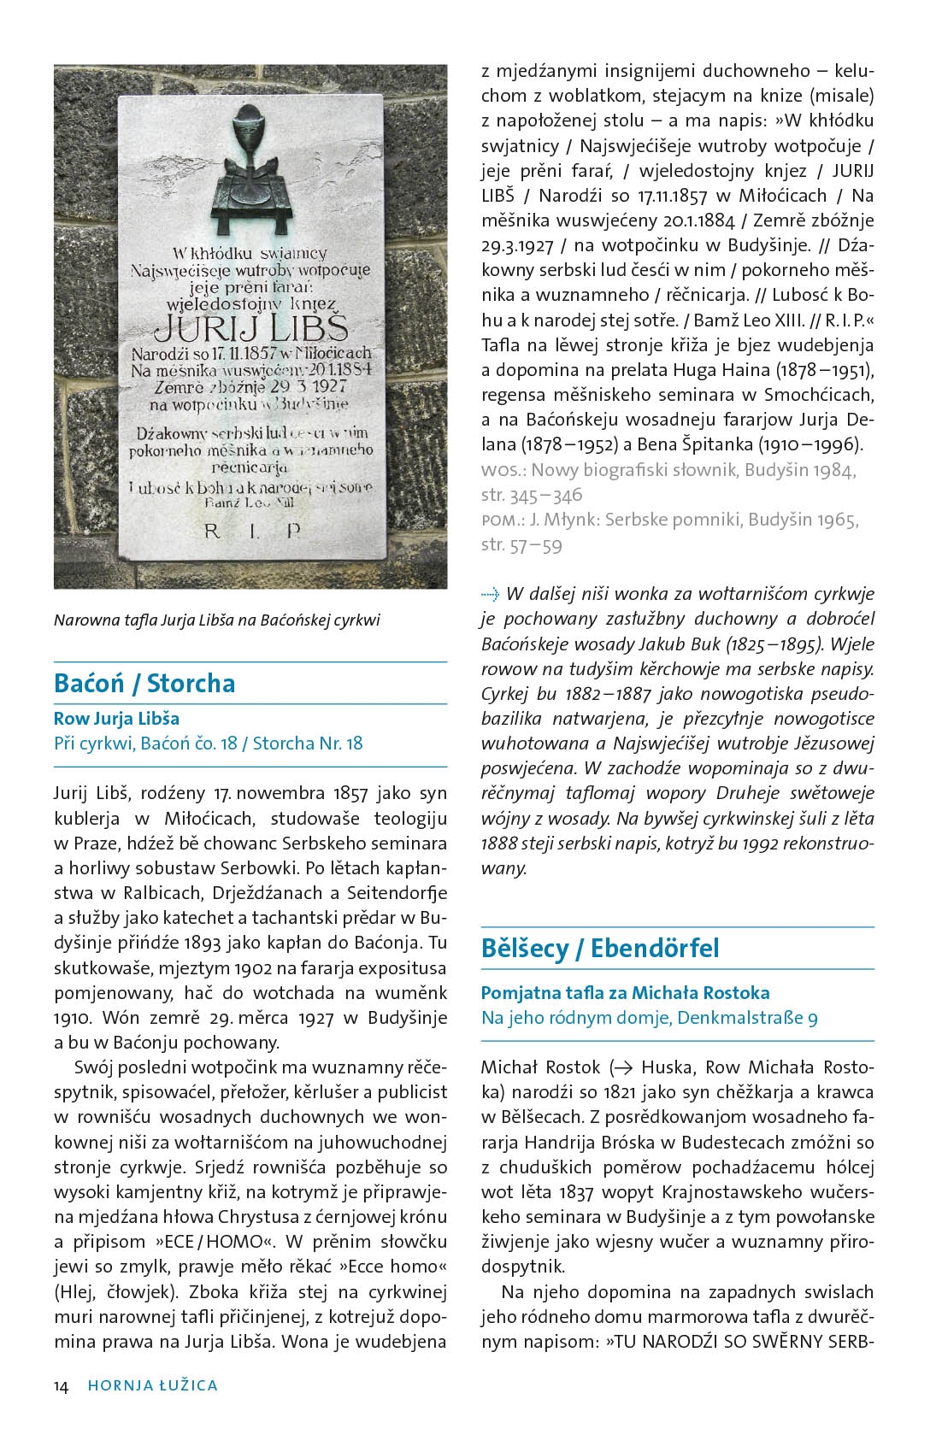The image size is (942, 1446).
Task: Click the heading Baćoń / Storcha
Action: (x=144, y=684)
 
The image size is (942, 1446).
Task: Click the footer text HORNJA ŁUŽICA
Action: (x=152, y=1386)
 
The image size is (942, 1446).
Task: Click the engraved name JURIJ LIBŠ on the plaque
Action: (x=250, y=328)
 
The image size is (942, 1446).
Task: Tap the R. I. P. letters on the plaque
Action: (x=252, y=531)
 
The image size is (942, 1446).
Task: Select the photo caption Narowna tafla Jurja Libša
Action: (x=216, y=620)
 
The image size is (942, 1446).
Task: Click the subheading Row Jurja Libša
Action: (x=116, y=719)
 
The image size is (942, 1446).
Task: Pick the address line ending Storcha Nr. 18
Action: (x=208, y=744)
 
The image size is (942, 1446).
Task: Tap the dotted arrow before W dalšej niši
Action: (x=489, y=595)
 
